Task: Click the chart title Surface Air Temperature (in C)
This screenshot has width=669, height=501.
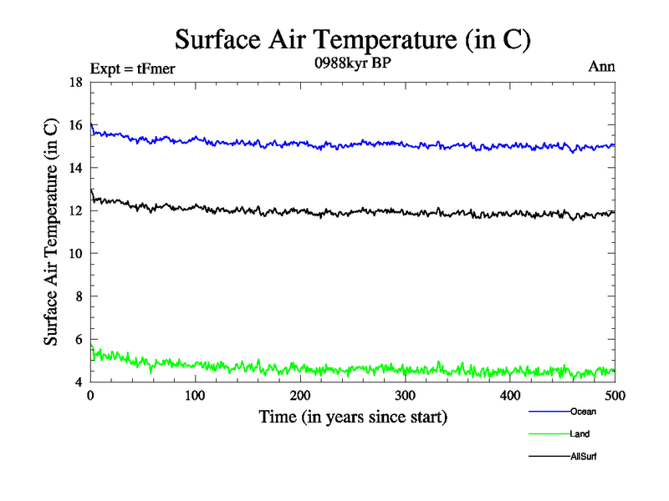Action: click(352, 39)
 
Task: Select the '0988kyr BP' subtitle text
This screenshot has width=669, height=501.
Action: click(352, 64)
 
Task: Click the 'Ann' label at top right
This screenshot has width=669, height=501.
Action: click(602, 67)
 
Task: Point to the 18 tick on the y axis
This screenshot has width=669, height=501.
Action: click(75, 82)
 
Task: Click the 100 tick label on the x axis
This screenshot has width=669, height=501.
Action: click(195, 394)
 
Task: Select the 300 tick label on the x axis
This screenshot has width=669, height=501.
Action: click(405, 394)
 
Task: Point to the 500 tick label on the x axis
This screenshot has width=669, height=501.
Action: click(614, 394)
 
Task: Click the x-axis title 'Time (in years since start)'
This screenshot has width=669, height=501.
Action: click(352, 417)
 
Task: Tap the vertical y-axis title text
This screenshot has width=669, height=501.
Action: click(52, 232)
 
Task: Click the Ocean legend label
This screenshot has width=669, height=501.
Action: click(583, 411)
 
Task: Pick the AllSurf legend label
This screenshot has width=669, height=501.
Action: click(584, 457)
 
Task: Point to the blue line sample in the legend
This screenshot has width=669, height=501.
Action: click(549, 411)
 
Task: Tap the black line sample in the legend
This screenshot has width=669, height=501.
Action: click(549, 457)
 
